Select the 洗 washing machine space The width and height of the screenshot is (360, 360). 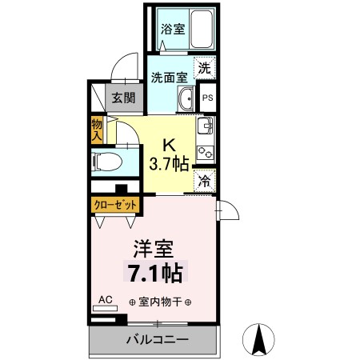205,69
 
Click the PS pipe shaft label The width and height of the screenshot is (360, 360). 206,98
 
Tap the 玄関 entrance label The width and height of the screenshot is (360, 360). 122,98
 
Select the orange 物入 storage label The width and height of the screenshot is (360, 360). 97,130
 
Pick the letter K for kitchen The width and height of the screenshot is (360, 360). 169,146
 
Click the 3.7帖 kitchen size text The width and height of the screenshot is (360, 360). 169,165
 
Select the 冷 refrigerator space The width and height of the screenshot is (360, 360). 205,182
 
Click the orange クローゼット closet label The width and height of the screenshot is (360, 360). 114,206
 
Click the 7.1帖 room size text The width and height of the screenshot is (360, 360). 155,274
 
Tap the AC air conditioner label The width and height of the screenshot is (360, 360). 104,302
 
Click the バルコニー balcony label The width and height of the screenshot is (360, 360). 157,341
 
